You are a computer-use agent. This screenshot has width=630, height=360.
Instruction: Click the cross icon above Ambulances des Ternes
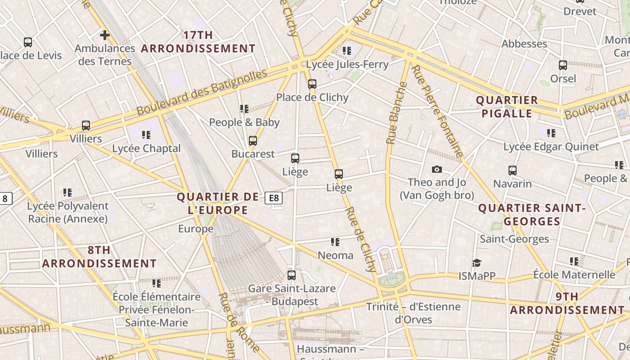pyautogui.click(x=104, y=35)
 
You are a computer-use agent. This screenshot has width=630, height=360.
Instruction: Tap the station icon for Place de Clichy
pyautogui.click(x=312, y=84)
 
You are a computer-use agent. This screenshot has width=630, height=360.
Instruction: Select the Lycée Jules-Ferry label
pyautogui.click(x=347, y=64)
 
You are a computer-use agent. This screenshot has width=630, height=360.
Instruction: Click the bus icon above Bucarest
pyautogui.click(x=253, y=141)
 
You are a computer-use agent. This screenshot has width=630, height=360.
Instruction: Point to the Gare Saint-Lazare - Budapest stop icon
pyautogui.click(x=292, y=275)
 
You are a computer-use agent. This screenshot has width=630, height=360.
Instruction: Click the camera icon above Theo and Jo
pyautogui.click(x=436, y=170)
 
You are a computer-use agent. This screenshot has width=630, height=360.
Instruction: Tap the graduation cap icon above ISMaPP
pyautogui.click(x=477, y=263)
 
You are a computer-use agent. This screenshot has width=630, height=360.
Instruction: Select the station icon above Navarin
pyautogui.click(x=513, y=171)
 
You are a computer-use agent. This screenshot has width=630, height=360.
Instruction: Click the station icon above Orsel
pyautogui.click(x=563, y=65)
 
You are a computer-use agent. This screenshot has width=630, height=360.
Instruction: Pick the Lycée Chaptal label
pyautogui.click(x=146, y=148)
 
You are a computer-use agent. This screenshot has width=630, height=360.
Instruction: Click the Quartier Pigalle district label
pyautogui.click(x=507, y=107)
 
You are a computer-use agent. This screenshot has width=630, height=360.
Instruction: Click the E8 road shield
pyautogui.click(x=274, y=198)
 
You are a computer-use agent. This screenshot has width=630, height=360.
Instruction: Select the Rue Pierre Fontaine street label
pyautogui.click(x=437, y=112)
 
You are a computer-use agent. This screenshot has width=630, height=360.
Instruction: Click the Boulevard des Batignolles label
pyautogui.click(x=202, y=92)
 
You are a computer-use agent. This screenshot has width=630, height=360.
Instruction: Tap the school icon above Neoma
pyautogui.click(x=335, y=242)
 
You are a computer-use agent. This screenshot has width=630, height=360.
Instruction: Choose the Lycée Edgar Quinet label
pyautogui.click(x=551, y=147)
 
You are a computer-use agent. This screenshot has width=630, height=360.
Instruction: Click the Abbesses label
pyautogui.click(x=524, y=44)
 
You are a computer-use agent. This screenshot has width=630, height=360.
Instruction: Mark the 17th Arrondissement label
pyautogui.click(x=198, y=42)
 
